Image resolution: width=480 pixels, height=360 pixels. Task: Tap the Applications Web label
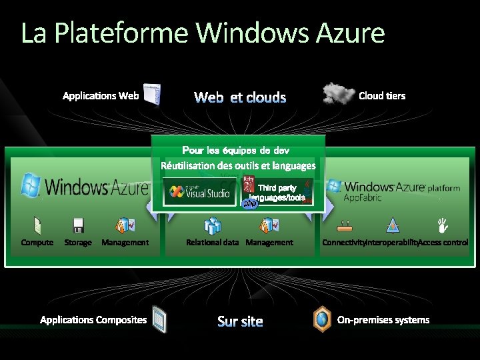[101, 96]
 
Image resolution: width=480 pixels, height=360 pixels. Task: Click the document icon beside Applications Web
[153, 95]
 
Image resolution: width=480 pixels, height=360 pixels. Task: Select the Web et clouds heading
[240, 98]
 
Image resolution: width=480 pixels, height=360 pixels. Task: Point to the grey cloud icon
[338, 93]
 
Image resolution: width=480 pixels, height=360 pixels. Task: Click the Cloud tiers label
[382, 96]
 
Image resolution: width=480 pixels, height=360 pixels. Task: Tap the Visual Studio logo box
[200, 192]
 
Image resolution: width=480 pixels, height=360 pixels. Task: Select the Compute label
[37, 243]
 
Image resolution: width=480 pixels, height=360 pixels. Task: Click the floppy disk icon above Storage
[78, 225]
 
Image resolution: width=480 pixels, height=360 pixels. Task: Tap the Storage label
[78, 243]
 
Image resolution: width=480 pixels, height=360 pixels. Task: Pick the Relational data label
[212, 243]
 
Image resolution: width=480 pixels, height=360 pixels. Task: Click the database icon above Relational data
[213, 225]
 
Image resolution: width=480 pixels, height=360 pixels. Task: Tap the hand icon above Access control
[441, 225]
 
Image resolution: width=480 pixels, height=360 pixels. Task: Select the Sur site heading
[240, 322]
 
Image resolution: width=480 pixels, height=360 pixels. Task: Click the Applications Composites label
[93, 320]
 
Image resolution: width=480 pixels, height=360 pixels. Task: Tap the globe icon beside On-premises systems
[322, 319]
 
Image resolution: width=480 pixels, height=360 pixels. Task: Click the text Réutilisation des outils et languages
[238, 165]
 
